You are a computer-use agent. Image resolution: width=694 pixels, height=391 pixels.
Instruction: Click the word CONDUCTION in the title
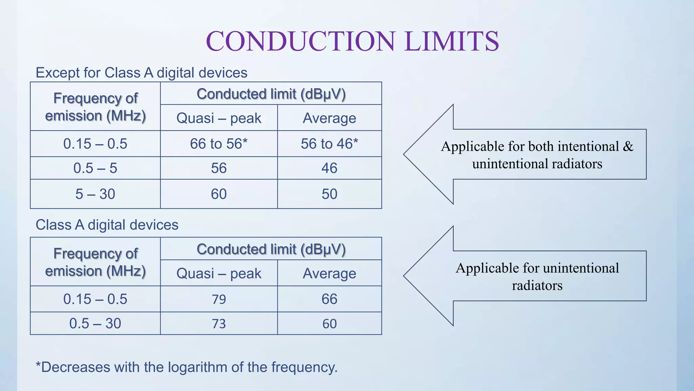300,41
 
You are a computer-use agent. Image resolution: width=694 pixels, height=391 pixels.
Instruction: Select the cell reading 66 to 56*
219,144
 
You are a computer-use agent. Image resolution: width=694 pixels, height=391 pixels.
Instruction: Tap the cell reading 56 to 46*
329,144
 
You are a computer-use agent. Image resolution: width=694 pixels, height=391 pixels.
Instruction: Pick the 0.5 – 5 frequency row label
95,168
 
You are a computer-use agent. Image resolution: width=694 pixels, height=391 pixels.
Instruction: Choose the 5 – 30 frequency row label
95,194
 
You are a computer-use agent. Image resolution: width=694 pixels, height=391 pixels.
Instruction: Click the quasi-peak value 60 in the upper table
219,194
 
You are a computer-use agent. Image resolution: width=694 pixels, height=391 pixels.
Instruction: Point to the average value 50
329,194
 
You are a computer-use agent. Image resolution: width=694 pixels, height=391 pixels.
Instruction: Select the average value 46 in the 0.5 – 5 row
329,168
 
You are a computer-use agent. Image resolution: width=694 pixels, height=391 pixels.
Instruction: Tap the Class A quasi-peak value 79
219,299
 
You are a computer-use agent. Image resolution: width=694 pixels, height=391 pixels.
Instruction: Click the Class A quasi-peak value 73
219,324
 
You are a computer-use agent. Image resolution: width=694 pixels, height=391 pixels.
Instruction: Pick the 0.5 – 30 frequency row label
95,324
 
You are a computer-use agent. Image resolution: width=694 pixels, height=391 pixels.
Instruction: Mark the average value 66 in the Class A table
329,299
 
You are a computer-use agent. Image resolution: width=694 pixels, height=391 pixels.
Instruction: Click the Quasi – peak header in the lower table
219,274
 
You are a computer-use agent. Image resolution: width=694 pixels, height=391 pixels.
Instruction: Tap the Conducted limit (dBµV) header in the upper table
271,94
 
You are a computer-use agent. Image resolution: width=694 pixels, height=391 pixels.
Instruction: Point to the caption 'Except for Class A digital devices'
141,73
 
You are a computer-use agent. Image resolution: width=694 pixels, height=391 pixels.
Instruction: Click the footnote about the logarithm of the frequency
186,367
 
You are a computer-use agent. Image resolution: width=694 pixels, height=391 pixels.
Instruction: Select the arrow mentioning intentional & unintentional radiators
537,155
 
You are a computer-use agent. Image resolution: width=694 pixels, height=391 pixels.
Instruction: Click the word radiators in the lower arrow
537,285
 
